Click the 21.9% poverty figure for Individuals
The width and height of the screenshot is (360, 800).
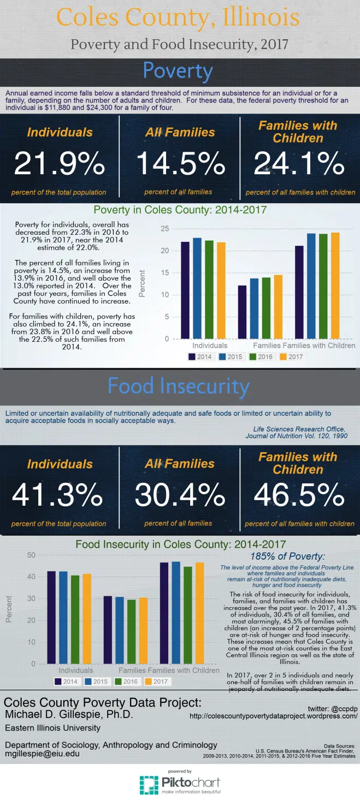click(x=59, y=163)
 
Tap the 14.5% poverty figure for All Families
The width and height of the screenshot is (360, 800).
click(x=180, y=163)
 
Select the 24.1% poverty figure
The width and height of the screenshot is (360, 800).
click(x=299, y=163)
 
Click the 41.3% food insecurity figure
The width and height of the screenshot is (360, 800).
click(x=58, y=495)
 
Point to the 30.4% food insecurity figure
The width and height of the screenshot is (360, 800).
click(x=180, y=495)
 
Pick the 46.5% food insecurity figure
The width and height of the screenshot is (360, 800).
click(x=299, y=495)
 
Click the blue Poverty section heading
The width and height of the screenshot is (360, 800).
click(x=178, y=71)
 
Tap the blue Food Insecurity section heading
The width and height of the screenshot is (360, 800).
click(x=178, y=386)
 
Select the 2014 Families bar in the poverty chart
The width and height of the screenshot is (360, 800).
click(x=242, y=312)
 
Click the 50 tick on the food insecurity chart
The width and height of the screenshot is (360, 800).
click(x=32, y=555)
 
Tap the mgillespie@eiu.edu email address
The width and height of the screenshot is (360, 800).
click(x=42, y=754)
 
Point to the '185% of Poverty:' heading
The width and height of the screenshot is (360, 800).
click(x=287, y=556)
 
